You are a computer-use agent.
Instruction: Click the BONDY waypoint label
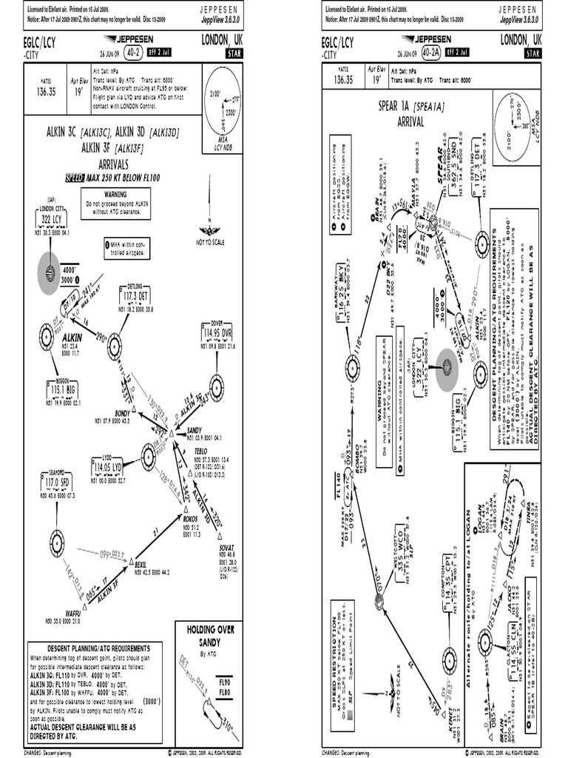pos(122,412)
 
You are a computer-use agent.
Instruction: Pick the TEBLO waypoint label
pos(200,450)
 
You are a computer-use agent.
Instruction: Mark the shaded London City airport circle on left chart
pos(50,274)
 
